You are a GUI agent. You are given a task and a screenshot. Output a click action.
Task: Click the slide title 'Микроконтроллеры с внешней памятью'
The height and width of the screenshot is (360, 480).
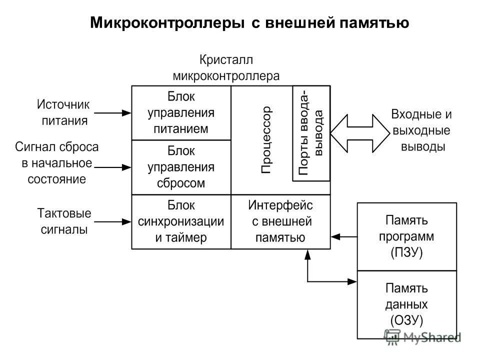(249, 22)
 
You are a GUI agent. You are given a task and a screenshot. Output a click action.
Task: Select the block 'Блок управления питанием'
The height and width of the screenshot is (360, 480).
(181, 112)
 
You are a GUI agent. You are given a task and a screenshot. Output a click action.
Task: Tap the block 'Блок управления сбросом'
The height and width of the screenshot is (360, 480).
(181, 167)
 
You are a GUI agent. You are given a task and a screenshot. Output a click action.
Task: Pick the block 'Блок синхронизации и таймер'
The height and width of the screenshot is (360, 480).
(181, 221)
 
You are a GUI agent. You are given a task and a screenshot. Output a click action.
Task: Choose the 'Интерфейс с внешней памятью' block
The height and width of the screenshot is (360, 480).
(280, 221)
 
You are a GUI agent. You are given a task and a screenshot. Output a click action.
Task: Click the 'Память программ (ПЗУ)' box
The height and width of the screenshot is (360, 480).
(406, 236)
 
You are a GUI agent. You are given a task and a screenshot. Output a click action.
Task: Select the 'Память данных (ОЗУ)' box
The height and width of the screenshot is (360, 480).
(406, 304)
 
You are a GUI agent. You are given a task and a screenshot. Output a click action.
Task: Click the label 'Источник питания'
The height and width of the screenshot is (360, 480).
(63, 112)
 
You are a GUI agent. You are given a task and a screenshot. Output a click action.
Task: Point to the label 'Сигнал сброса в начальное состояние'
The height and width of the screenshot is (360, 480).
(56, 163)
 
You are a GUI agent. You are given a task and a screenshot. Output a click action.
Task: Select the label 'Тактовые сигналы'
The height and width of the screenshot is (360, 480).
(63, 221)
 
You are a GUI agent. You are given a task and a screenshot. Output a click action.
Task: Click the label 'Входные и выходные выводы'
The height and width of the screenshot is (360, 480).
(421, 130)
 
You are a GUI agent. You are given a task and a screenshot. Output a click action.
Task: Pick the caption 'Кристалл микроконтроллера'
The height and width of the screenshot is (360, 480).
(226, 68)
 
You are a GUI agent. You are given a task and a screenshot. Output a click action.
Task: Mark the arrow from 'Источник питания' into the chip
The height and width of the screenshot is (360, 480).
(112, 113)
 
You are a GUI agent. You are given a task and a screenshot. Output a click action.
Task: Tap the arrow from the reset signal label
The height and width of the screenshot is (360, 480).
(112, 167)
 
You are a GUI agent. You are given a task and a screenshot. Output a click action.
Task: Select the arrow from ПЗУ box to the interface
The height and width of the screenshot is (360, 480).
(344, 235)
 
